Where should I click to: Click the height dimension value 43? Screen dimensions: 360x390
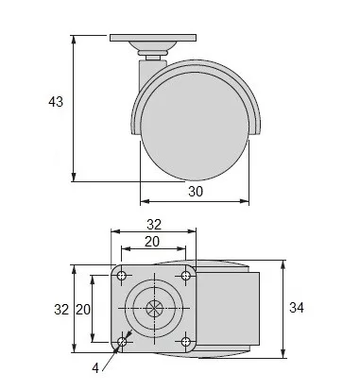(56, 102)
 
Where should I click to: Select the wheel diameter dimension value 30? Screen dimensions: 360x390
(196, 192)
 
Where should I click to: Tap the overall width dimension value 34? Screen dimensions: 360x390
(297, 308)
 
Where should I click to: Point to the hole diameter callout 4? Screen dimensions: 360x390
(95, 367)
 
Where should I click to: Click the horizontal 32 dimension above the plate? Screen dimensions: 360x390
(154, 225)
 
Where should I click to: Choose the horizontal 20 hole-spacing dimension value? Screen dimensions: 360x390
(152, 242)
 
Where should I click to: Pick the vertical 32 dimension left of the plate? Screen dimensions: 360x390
(61, 310)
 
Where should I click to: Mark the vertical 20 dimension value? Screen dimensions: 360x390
(83, 310)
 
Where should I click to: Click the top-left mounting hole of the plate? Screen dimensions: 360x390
(121, 276)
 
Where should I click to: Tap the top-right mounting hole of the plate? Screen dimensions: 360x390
(186, 276)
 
